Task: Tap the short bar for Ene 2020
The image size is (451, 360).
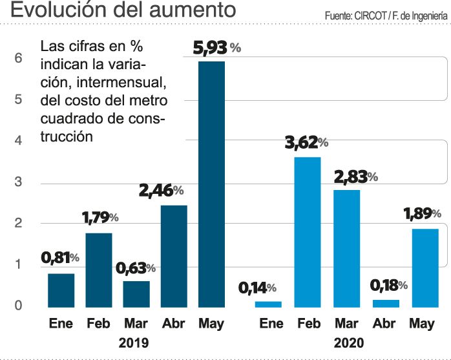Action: [x=267, y=303]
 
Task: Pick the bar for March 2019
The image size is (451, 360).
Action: [x=136, y=293]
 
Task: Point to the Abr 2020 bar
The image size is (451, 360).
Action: [x=386, y=302]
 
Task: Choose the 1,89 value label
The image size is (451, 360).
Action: [x=419, y=214]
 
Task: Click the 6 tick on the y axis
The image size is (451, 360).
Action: [x=19, y=58]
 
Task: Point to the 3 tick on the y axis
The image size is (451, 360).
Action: [x=19, y=182]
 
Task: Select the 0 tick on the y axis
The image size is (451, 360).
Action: [x=19, y=305]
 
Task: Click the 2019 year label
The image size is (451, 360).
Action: [x=135, y=343]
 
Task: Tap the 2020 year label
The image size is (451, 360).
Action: [x=350, y=343]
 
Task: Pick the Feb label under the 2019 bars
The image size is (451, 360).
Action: [x=99, y=323]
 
